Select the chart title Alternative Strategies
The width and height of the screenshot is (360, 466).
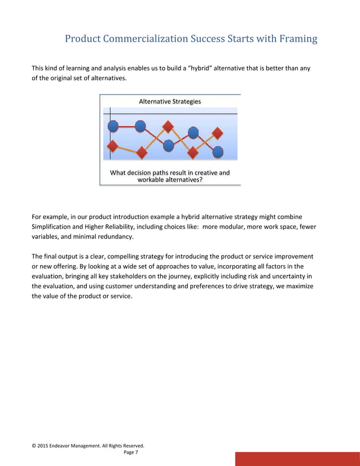point(170,102)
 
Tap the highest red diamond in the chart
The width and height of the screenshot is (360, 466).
point(168,126)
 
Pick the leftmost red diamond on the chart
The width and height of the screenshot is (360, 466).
point(112,146)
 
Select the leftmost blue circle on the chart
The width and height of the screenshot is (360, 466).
point(112,126)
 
